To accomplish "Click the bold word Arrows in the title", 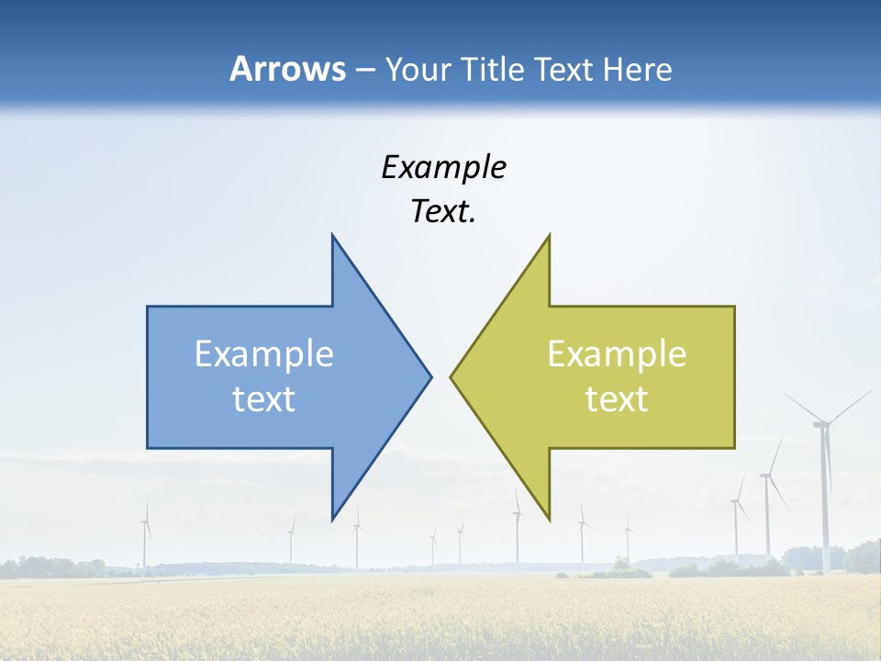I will point(287,69).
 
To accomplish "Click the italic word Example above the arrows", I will point(443,167).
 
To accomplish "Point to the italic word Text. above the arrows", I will point(443,211).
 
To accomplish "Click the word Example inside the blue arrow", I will point(264,353).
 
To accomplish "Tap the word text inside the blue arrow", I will point(264,398).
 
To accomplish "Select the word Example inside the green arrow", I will point(617,353).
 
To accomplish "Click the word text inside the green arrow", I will point(617,398).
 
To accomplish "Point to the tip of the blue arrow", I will point(430,375).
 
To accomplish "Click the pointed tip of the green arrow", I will point(451,375).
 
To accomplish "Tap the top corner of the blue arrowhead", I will point(332,235).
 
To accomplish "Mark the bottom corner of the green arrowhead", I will point(549,519).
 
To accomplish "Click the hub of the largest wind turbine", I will point(822,423).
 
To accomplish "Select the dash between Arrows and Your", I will point(364,70).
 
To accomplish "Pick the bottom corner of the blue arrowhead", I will point(332,519).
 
